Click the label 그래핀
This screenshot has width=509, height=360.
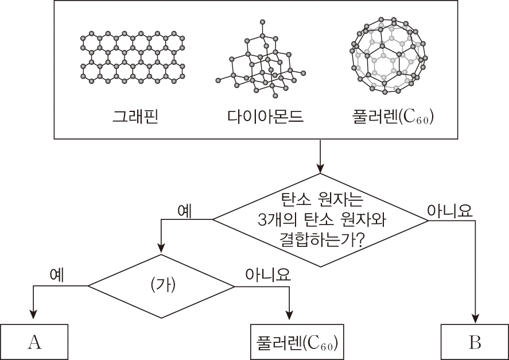point(134,117)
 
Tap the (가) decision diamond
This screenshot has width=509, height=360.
point(161,285)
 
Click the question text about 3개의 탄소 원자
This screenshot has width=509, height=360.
point(317,220)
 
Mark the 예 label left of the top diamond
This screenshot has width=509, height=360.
point(185,210)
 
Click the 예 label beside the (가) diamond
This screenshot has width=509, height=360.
point(57,275)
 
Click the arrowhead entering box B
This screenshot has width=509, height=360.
point(475,318)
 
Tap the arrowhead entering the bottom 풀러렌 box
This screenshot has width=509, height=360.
point(289,318)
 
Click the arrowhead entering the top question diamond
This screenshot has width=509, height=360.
point(318,169)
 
